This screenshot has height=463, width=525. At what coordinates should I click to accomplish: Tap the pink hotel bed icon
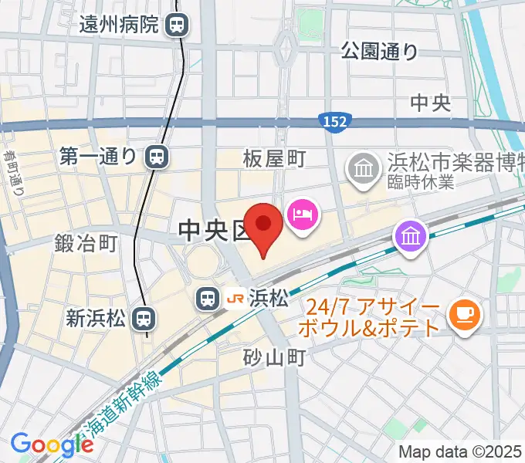(300, 213)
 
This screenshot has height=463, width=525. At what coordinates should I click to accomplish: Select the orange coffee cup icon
(466, 313)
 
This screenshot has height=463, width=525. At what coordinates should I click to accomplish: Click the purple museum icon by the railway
(412, 235)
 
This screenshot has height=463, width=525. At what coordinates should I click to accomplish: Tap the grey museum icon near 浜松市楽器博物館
(361, 166)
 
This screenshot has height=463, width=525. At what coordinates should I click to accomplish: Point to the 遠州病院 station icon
(177, 25)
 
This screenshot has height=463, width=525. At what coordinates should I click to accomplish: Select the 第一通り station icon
(156, 157)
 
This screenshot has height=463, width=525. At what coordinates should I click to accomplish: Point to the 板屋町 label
(274, 160)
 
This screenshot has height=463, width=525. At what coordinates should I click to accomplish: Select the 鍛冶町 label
(86, 244)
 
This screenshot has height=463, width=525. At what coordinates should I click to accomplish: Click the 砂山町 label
(274, 357)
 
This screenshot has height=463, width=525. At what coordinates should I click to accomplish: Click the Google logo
(52, 444)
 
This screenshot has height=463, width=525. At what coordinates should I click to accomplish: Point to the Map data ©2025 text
(459, 452)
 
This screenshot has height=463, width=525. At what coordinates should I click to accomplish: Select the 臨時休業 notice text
(422, 183)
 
